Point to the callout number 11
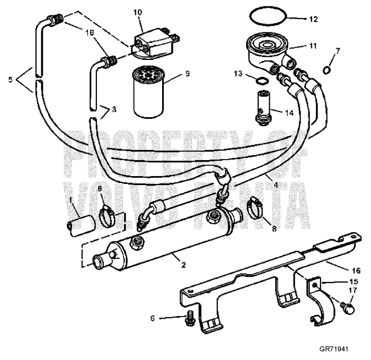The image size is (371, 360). point(313,46)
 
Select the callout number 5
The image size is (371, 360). point(10,81)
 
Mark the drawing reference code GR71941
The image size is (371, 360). point(336,350)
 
